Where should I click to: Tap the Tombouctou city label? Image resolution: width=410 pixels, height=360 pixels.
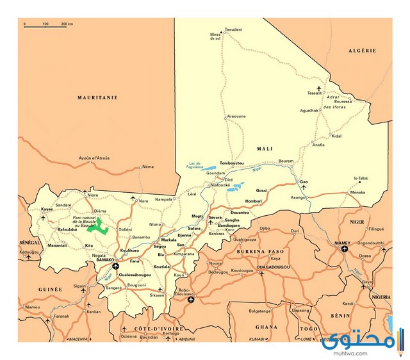[231, 163]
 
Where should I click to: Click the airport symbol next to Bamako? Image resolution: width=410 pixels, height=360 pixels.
[115, 266]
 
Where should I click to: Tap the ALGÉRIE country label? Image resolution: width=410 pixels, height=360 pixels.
[361, 50]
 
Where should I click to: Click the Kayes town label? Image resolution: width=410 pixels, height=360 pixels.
[47, 209]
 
